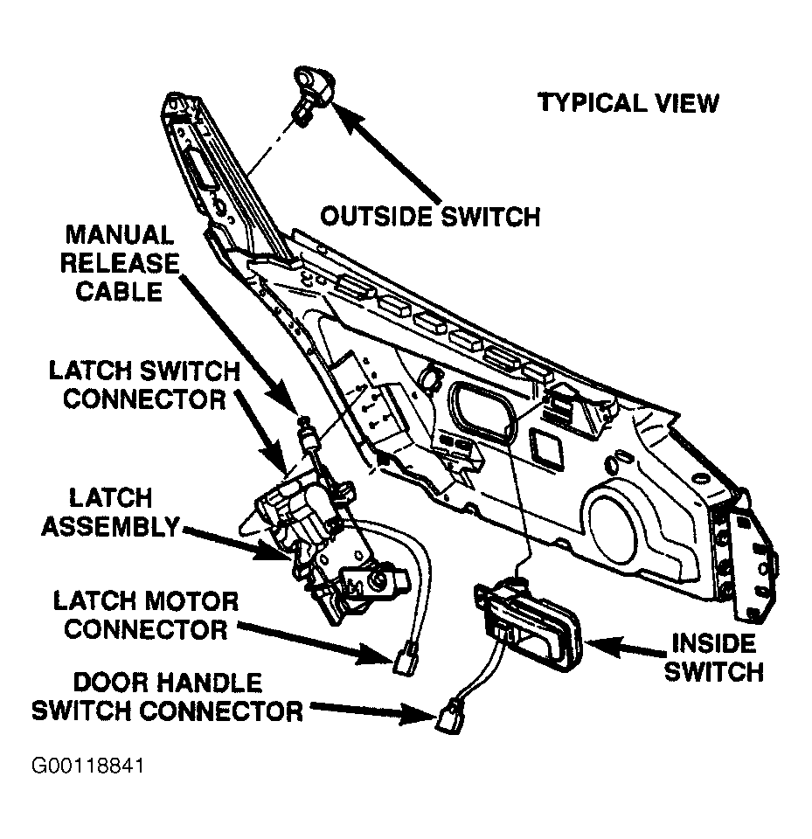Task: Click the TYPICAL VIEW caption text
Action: point(628,103)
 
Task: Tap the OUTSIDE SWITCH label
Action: point(430,215)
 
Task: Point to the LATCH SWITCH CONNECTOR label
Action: point(141,385)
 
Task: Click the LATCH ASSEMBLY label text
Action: point(110,512)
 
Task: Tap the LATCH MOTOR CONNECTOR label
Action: point(145,614)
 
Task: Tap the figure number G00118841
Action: point(87,766)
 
